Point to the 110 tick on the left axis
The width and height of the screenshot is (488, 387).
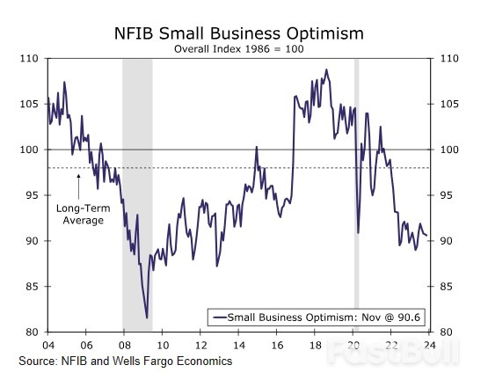[30, 58]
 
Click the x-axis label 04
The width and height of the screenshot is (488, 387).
[47, 345]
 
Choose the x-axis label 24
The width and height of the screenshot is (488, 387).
[428, 345]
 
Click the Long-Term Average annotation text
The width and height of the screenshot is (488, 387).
[80, 214]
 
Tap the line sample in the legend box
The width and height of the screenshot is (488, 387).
[217, 317]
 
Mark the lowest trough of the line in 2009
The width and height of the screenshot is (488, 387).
[147, 318]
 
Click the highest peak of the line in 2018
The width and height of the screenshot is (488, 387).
[326, 70]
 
